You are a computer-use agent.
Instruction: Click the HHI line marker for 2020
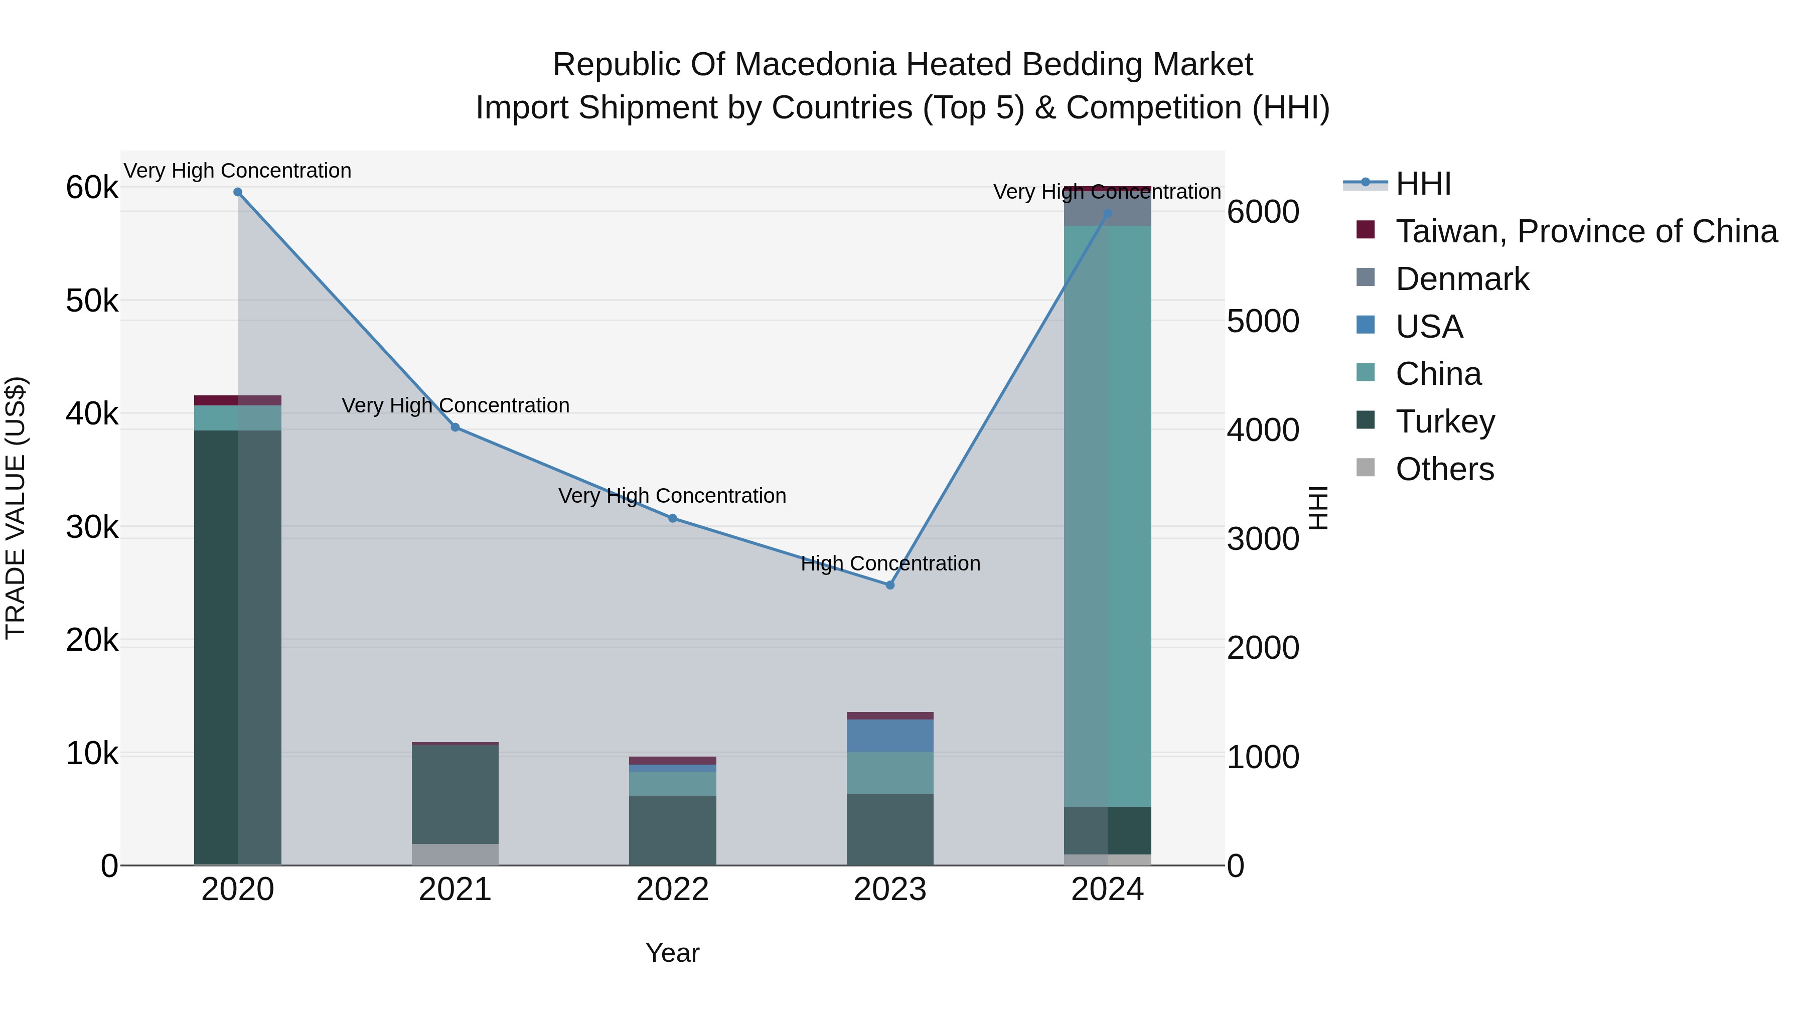(238, 192)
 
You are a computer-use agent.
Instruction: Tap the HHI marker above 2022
(672, 518)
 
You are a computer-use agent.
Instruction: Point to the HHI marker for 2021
(455, 427)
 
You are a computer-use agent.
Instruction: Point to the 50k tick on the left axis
(92, 302)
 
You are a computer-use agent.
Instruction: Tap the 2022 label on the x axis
(672, 890)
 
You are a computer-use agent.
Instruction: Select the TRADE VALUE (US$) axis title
(16, 508)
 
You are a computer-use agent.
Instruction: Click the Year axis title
(672, 953)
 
